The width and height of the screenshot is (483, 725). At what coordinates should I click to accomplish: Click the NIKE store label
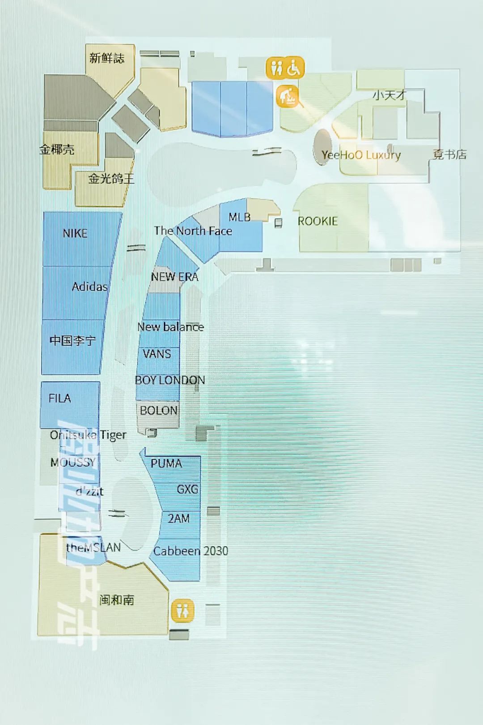[x=75, y=233]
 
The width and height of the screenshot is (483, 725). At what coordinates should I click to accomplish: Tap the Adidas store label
[x=89, y=287]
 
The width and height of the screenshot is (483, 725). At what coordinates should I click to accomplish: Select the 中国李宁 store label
[x=72, y=341]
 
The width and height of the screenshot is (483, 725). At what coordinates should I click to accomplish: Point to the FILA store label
[x=59, y=398]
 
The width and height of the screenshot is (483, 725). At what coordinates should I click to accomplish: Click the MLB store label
[x=239, y=217]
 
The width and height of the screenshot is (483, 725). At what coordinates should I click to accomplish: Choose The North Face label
[x=193, y=231]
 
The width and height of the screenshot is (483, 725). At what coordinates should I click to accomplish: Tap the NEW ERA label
[x=174, y=277]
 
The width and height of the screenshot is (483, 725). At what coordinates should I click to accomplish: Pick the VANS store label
[x=157, y=354]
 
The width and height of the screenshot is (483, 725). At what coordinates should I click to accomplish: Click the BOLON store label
[x=158, y=410]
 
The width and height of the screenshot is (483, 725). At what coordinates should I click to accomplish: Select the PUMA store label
[x=166, y=463]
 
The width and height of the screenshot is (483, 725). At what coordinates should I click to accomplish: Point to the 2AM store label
[x=178, y=519]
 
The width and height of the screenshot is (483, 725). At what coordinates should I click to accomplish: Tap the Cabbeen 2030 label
[x=191, y=551]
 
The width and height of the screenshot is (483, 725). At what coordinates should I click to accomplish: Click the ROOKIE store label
[x=318, y=221]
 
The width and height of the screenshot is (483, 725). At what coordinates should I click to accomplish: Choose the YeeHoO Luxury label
[x=360, y=155]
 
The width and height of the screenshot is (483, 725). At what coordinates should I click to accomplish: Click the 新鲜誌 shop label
[x=106, y=58]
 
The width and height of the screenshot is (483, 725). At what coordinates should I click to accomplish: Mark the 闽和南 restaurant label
[x=117, y=600]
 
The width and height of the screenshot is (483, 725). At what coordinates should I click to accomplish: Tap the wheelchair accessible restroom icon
[x=294, y=68]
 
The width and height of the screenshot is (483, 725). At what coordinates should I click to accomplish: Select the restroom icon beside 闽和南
[x=182, y=611]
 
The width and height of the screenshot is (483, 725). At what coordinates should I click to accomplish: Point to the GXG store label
[x=187, y=489]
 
